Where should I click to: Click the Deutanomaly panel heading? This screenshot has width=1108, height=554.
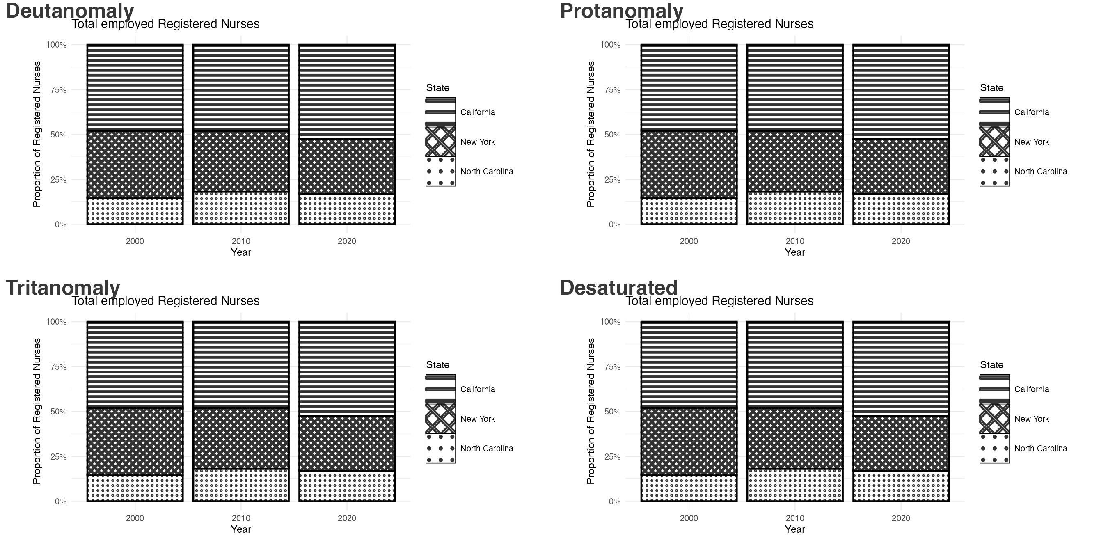70,11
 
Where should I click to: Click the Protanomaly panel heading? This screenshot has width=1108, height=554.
622,11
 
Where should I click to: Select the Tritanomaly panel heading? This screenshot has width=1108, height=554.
63,288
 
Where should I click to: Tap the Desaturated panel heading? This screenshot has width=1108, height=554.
618,288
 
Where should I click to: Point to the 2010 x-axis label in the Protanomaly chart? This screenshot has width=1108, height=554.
795,241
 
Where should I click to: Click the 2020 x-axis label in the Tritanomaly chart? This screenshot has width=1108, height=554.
347,518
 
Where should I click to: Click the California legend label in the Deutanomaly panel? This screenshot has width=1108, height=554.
477,112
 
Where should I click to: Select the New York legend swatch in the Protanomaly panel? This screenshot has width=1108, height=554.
994,142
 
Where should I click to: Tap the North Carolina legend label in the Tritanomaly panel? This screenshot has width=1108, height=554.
486,449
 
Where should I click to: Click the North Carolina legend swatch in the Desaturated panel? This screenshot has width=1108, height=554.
994,449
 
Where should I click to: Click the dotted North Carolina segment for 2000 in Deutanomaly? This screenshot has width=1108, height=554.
135,212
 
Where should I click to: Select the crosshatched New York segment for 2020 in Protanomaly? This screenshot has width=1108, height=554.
901,167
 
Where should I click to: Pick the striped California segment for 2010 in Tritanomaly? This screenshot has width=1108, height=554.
241,364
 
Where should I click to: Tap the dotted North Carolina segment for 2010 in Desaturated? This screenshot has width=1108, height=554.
795,485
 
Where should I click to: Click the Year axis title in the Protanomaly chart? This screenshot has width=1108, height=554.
795,252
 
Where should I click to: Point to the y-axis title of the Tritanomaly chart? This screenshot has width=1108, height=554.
37,411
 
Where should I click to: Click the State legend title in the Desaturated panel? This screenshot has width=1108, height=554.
991,365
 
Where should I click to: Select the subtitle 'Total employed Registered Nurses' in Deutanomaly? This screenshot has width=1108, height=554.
166,24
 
